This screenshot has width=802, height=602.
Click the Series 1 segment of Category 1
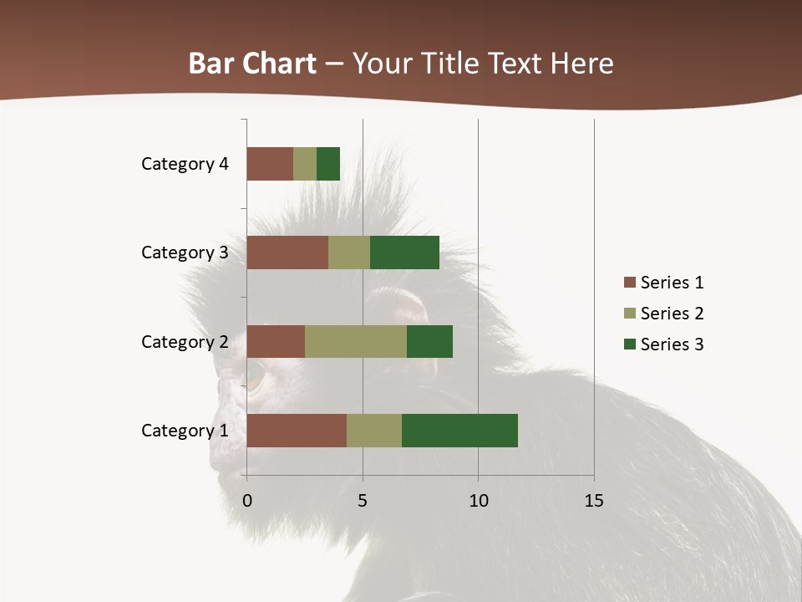297,430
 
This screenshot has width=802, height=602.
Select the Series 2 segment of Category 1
374,430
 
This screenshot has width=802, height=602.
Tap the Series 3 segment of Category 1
459,430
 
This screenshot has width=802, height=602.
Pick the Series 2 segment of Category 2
356,341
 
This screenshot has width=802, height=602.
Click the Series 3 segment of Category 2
429,341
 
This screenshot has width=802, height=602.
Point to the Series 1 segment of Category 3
287,253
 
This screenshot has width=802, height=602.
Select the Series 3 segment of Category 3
404,253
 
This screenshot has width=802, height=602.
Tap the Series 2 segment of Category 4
305,164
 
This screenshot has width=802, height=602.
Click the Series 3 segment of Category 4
328,164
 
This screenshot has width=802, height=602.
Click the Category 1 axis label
185,431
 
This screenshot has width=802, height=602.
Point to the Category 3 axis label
185,253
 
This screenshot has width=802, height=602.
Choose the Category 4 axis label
185,164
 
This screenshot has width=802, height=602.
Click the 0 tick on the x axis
247,501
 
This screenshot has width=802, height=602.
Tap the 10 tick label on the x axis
478,501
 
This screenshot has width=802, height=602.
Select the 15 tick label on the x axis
594,501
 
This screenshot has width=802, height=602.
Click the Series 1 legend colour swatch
629,283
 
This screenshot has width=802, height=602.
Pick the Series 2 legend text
672,314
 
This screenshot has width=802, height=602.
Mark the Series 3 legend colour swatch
629,344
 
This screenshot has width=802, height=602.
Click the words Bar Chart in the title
252,64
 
